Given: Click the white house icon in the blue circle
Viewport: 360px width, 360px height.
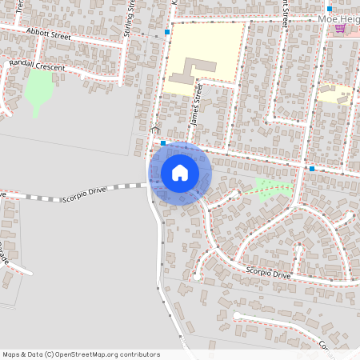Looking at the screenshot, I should pyautogui.click(x=180, y=173).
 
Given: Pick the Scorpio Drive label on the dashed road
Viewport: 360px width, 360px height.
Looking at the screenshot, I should pyautogui.click(x=84, y=193).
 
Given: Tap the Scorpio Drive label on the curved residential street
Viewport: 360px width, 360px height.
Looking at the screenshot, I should pyautogui.click(x=268, y=273).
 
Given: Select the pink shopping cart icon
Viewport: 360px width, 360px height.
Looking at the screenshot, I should pyautogui.click(x=340, y=28).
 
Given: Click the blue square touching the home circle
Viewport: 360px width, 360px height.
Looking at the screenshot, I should pyautogui.click(x=162, y=142).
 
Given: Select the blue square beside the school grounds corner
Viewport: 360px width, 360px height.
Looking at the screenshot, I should pyautogui.click(x=167, y=33).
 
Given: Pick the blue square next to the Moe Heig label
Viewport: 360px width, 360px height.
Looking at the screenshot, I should pyautogui.click(x=329, y=9).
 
